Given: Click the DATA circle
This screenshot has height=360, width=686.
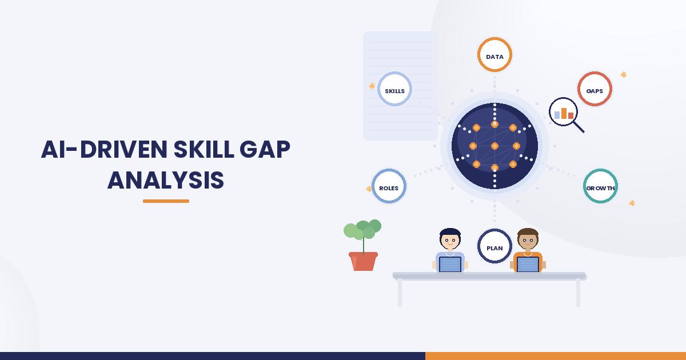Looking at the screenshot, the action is (494, 38).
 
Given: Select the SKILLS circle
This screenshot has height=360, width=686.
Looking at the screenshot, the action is (394, 73).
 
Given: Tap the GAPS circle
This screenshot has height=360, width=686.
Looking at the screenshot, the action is (595, 73).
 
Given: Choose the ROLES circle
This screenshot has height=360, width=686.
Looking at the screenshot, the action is (389, 170).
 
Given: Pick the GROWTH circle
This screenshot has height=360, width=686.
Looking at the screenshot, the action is (600, 170).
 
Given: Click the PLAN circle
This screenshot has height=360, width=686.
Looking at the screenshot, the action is (494, 230).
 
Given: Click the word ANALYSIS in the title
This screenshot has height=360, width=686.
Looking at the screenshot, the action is (166, 181).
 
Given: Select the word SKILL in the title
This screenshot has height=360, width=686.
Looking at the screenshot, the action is (204, 149).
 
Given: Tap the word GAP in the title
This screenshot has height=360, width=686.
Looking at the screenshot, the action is (265, 149).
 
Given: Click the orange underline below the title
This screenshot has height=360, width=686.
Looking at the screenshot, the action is (166, 201).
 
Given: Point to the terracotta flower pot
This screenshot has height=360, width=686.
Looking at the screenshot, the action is (363, 261).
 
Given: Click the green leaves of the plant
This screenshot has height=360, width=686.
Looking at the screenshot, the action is (362, 229).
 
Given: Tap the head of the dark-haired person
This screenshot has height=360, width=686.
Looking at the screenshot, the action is (450, 239).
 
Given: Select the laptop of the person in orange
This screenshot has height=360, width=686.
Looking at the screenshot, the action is (528, 264).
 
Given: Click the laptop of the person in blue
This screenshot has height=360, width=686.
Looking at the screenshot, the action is (450, 264).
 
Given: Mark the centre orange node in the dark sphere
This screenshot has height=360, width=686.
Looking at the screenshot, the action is (494, 146).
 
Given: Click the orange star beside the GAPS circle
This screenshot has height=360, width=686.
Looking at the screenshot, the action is (623, 74).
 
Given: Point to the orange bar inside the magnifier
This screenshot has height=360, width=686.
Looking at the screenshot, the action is (564, 113).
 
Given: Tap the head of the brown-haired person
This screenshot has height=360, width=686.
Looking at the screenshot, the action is (528, 239).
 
